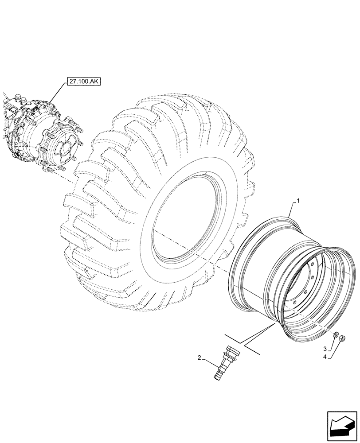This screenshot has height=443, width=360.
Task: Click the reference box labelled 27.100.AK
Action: [84, 81]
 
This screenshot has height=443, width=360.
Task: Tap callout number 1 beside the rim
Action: [298, 201]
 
